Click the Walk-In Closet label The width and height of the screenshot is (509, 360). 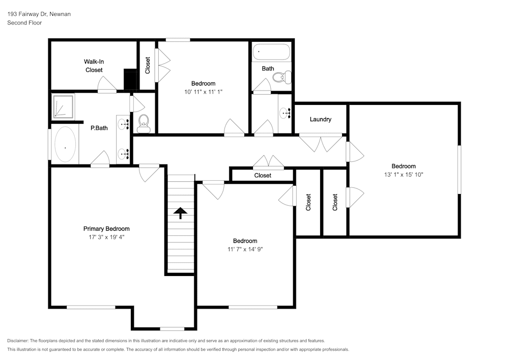tap(94, 66)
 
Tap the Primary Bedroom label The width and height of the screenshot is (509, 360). tap(106, 229)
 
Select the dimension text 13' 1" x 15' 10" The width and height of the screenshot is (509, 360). tap(403, 174)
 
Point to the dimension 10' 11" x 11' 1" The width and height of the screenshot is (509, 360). tap(203, 92)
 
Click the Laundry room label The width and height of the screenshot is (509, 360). tap(320, 119)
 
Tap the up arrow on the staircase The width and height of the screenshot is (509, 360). tap(181, 213)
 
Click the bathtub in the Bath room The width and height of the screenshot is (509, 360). tap(271, 51)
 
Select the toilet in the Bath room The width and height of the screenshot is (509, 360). tap(280, 77)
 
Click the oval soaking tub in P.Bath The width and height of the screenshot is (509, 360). tap(65, 145)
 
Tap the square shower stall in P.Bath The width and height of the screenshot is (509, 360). tap(62, 106)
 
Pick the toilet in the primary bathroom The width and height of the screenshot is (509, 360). tap(143, 123)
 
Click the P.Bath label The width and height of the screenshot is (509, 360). tap(99, 128)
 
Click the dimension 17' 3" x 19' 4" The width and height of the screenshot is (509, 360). tap(106, 237)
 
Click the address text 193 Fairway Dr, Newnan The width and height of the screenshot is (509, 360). tap(39, 14)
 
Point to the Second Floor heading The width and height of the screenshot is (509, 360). tap(24, 23)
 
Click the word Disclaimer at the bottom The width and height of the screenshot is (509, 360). tap(18, 341)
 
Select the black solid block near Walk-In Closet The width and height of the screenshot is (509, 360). tap(131, 79)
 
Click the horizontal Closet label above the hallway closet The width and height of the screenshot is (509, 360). tap(263, 175)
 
